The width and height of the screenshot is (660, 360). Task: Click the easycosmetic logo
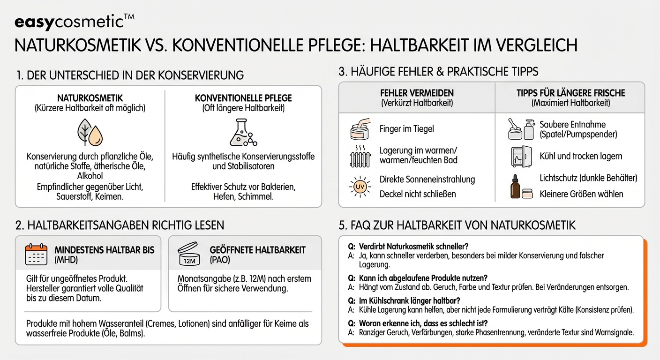point(75,22)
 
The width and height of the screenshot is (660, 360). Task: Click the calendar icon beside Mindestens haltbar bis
point(36,255)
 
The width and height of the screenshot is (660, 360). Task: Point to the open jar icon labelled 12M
point(189,255)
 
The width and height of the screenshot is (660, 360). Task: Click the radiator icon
point(360,156)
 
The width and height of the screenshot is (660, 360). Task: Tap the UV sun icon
point(360,187)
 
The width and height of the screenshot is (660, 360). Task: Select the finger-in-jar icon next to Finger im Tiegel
point(360,129)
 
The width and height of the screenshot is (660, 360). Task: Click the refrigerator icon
point(521,156)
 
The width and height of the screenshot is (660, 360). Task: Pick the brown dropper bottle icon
point(516,187)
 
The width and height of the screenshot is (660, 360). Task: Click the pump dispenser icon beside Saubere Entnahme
point(529,129)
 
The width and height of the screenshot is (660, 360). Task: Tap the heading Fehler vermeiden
point(416,93)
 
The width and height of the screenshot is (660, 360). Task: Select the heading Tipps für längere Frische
point(570,93)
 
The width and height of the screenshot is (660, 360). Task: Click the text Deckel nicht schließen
point(418,194)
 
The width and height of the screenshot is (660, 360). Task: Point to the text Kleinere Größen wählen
point(581,194)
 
